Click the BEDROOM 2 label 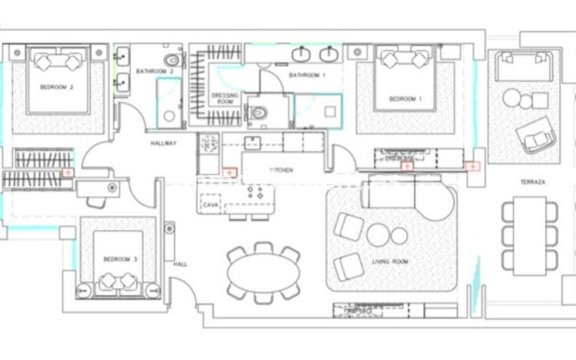(56, 87)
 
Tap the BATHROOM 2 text (155, 71)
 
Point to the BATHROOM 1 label (307, 73)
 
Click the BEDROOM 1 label (406, 98)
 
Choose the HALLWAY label (163, 144)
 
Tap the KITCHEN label (279, 171)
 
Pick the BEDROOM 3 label (120, 259)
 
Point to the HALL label (180, 264)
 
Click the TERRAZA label (532, 183)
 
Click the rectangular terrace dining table (529, 234)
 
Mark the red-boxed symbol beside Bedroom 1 (471, 167)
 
